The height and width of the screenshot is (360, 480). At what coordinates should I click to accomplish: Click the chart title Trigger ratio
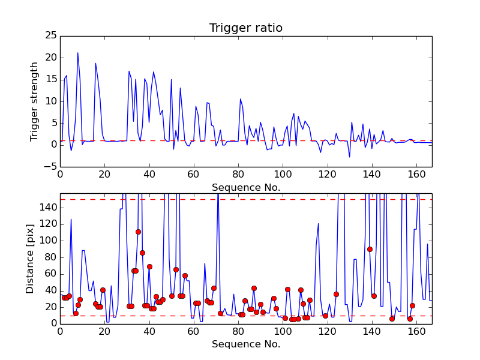click(245, 28)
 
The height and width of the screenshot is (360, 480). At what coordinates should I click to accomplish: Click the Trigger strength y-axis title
click(35, 101)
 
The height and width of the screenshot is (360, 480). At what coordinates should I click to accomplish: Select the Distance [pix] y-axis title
click(30, 259)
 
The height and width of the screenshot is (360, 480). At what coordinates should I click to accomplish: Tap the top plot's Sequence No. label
click(245, 187)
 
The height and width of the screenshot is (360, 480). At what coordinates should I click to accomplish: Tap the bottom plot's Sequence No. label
click(245, 344)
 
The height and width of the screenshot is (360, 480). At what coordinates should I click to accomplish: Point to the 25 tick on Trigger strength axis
click(53, 36)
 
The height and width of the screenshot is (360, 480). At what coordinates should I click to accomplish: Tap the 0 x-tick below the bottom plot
click(60, 331)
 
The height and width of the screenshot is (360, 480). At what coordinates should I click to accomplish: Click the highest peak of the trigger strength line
click(77, 53)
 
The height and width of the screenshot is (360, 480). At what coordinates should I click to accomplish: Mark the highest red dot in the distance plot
click(138, 232)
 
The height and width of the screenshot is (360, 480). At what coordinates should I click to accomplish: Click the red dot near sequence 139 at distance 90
click(370, 249)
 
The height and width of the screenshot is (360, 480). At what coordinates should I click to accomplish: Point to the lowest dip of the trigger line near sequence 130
click(349, 157)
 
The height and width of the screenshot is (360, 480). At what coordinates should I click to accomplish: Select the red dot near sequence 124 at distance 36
click(336, 294)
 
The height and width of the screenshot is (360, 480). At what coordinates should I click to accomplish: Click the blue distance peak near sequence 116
click(318, 223)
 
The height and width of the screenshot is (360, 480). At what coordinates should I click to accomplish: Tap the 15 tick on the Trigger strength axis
click(53, 79)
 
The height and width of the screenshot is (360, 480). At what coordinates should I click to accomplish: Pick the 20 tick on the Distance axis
click(52, 307)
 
